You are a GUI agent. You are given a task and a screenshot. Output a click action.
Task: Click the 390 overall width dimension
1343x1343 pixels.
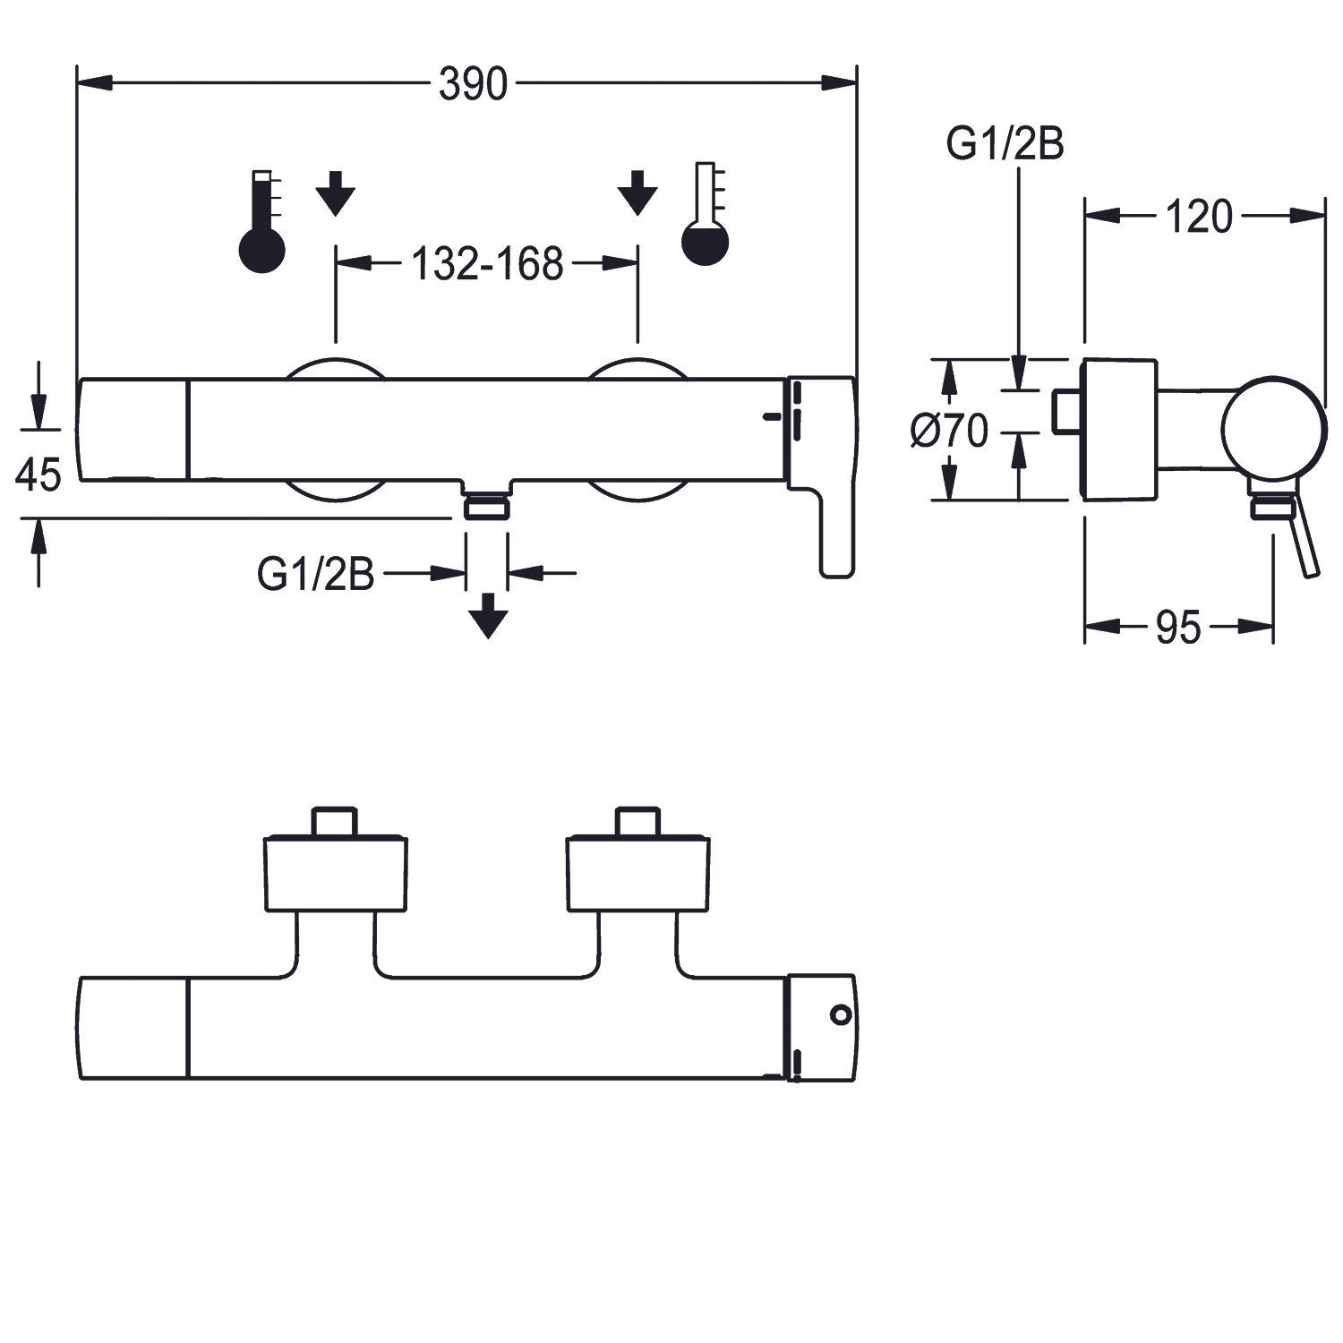tap(473, 85)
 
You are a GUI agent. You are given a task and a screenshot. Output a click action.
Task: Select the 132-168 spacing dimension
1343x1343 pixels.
tap(487, 264)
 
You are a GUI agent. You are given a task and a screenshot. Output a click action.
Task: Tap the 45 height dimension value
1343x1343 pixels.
tap(38, 474)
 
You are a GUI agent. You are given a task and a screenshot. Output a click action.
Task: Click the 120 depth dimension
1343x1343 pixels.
tap(1199, 217)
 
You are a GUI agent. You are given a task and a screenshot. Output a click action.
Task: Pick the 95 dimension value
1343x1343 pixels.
tap(1177, 629)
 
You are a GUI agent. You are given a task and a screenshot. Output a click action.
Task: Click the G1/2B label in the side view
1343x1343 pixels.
tap(1005, 144)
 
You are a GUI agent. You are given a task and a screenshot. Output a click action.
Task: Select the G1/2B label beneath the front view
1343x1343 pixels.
tap(315, 574)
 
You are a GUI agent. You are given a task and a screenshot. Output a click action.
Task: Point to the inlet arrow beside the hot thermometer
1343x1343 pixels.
tap(336, 193)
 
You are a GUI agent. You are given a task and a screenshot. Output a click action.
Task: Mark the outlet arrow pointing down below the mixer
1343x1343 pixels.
tap(488, 616)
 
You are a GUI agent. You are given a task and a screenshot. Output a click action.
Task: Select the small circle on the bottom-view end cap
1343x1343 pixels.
tap(839, 1014)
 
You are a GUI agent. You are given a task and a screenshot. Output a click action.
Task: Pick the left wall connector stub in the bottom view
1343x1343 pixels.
tap(335, 821)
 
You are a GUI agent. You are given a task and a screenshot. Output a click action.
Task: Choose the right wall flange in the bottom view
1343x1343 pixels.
tap(638, 874)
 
